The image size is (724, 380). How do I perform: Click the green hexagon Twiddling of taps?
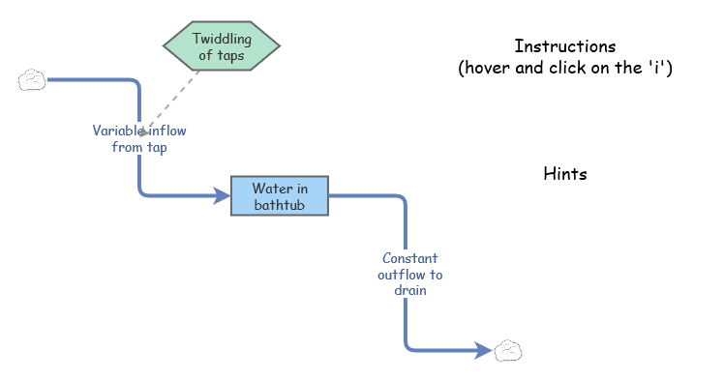[x=222, y=46]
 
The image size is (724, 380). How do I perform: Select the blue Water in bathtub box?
[x=280, y=196]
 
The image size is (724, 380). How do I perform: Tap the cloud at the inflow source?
[x=32, y=79]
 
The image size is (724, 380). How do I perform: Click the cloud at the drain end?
[x=508, y=351]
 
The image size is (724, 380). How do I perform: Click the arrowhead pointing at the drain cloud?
[x=484, y=351]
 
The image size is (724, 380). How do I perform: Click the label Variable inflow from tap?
[x=140, y=139]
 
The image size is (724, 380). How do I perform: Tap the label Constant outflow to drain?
[x=410, y=274]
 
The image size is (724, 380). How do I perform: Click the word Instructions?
[x=564, y=46]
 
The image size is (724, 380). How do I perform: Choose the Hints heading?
[x=565, y=174]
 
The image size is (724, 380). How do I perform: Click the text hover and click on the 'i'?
[x=565, y=69]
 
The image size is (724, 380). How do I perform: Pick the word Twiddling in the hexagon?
[x=222, y=39]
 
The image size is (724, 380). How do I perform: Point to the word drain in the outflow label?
[x=410, y=289]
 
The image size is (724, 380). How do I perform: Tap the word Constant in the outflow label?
[x=410, y=258]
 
